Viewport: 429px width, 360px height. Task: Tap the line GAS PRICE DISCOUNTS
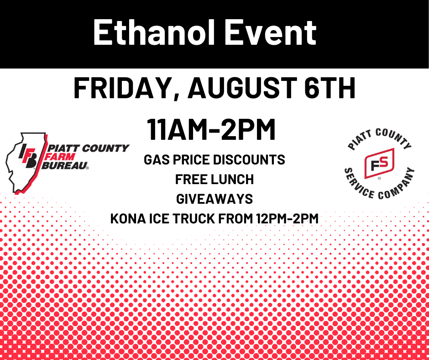click(214, 160)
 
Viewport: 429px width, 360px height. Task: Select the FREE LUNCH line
click(214, 180)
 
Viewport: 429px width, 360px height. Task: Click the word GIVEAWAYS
click(214, 199)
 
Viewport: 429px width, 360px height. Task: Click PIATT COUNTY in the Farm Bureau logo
click(89, 148)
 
